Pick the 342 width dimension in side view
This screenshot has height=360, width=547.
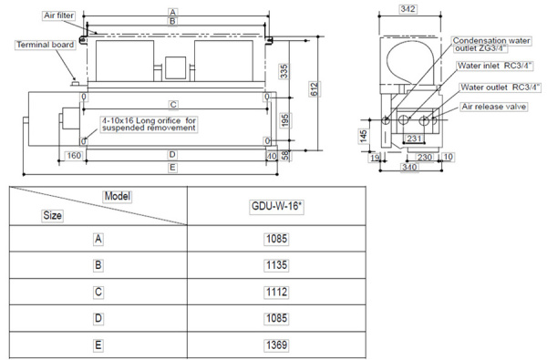coord(409,8)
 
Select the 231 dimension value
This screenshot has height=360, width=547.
coord(413,138)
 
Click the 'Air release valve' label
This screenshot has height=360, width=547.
coord(493,107)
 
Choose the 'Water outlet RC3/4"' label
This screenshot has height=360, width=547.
coord(501,87)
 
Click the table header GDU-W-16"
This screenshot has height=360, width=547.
coord(278,207)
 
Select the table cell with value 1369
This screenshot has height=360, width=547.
coord(278,345)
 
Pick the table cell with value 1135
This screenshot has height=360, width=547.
coord(278,265)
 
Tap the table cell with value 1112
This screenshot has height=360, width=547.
coord(278,292)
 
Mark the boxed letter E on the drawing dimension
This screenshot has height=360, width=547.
coord(172,168)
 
